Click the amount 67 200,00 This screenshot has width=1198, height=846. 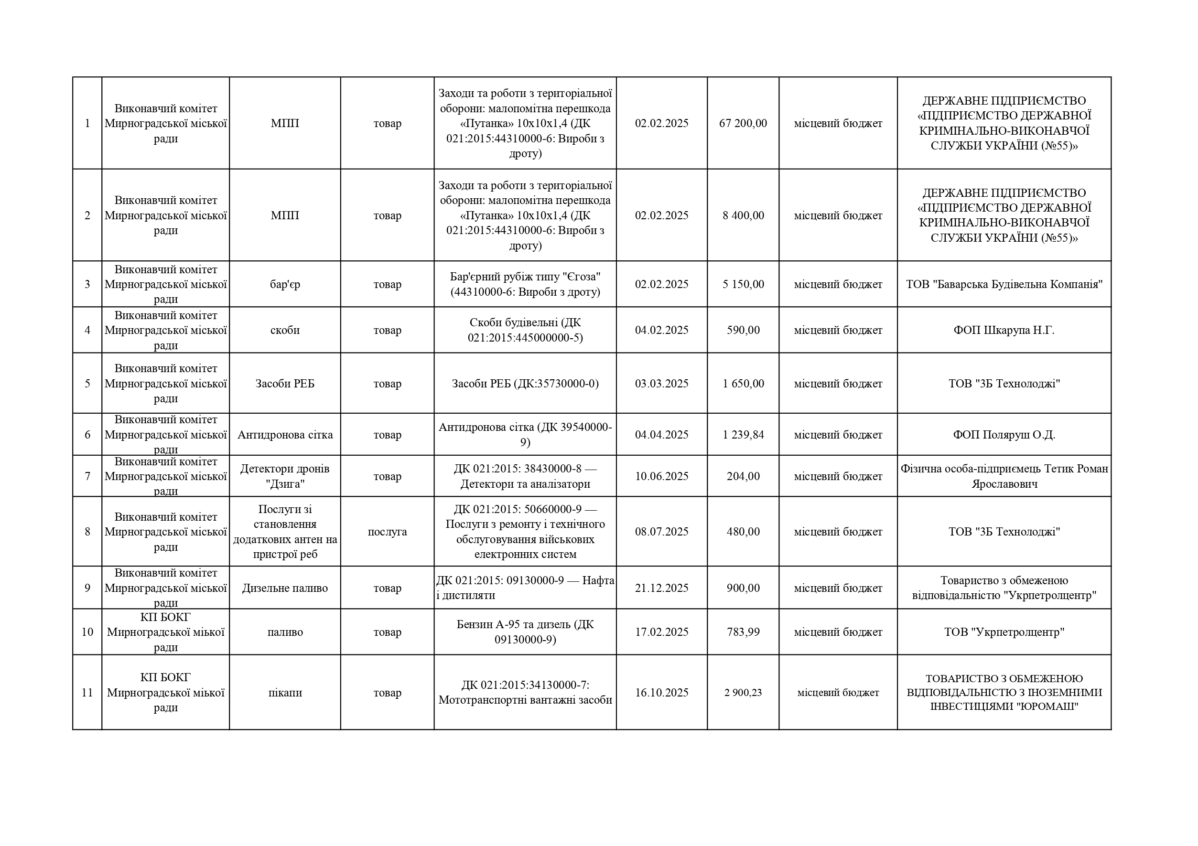(x=743, y=124)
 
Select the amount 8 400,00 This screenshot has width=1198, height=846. (x=743, y=215)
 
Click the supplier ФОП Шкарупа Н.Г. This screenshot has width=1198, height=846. (x=1004, y=330)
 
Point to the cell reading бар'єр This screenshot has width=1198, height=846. (x=285, y=284)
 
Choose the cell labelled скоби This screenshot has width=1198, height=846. (x=285, y=330)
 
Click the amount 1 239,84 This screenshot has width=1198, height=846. (x=743, y=435)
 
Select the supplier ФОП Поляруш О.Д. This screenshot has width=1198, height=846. (x=1004, y=435)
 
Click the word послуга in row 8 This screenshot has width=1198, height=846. (x=387, y=532)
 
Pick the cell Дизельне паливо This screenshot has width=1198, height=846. (x=285, y=589)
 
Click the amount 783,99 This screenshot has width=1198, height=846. (x=743, y=632)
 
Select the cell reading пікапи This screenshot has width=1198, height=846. (x=285, y=693)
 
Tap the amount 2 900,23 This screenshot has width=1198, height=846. (x=743, y=693)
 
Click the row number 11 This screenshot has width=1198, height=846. (x=87, y=693)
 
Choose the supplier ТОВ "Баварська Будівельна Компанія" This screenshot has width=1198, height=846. (x=1004, y=284)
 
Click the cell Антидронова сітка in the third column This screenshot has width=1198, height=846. (x=285, y=435)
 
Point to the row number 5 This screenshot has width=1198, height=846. (x=87, y=384)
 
